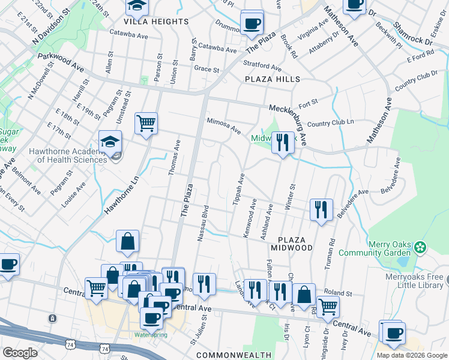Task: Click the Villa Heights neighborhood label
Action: tap(156, 22)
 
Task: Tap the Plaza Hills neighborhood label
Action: tap(272, 79)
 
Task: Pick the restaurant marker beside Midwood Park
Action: tap(282, 143)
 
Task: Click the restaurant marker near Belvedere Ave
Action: tap(321, 209)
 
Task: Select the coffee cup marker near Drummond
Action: tap(252, 23)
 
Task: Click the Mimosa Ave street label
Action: tap(224, 125)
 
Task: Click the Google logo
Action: tap(20, 352)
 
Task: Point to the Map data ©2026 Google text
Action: tap(412, 355)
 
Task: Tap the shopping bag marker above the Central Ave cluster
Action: tap(128, 241)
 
